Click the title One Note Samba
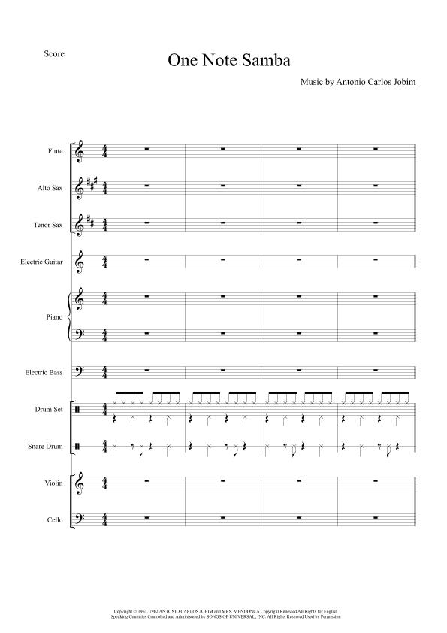[x=228, y=61]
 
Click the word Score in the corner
[x=54, y=53]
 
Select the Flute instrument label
[x=55, y=151]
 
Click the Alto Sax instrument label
[x=50, y=187]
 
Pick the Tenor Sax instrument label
[x=48, y=224]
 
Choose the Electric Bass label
[x=45, y=372]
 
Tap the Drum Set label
[x=48, y=409]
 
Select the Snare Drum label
[x=46, y=446]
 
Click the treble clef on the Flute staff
[x=80, y=152]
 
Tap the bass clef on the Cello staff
[x=80, y=519]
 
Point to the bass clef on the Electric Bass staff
[x=80, y=371]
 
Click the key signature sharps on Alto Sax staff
[x=92, y=185]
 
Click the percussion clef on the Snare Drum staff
[x=80, y=446]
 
